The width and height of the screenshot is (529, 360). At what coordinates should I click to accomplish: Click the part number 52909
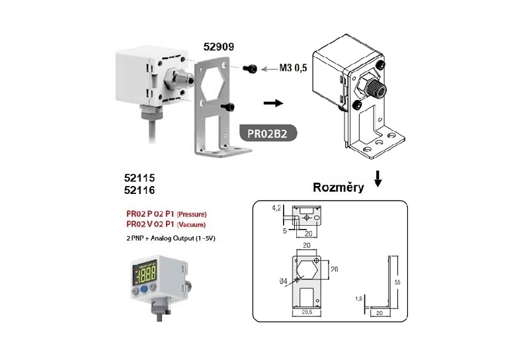coord(218,48)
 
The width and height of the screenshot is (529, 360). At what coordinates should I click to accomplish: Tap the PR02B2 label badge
coord(267,132)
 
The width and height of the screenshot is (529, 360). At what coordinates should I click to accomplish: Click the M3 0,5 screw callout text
coord(292,68)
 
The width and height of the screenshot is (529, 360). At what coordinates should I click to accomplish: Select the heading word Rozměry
coord(339,188)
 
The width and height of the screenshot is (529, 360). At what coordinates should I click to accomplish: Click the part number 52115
coord(140,178)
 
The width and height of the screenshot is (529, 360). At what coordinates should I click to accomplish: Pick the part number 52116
coord(140,190)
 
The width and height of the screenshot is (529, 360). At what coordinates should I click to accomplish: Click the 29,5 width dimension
coord(305,312)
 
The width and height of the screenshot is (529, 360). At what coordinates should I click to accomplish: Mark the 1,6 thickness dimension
coord(358,298)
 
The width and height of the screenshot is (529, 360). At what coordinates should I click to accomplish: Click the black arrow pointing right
coord(272,103)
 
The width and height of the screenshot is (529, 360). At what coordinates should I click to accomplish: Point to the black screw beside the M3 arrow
coord(251,69)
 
